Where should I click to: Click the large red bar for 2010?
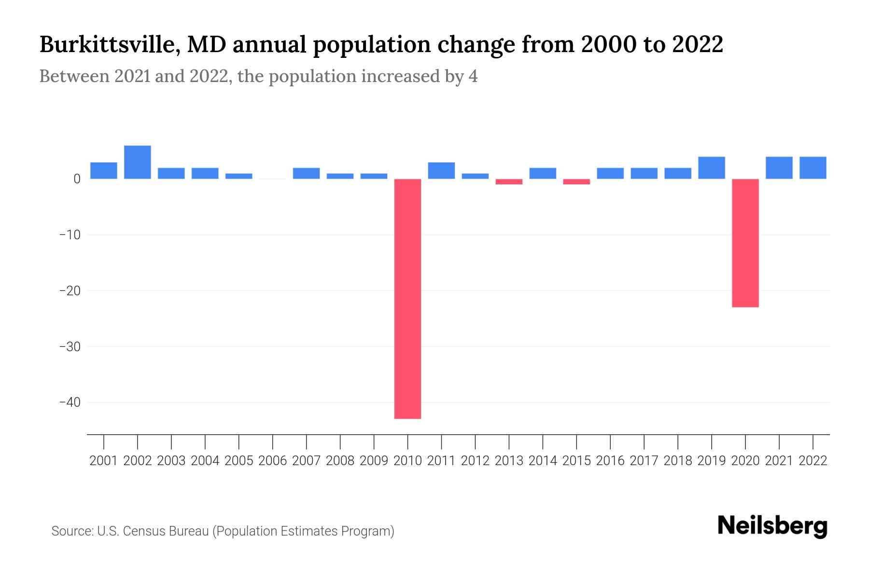tap(407, 299)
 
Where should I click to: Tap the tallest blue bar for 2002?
tap(138, 162)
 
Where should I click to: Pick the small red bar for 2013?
tap(509, 182)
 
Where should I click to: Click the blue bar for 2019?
tap(711, 168)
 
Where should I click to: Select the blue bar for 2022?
tap(813, 168)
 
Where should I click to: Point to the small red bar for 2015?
tap(576, 182)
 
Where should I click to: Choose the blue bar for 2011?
tap(441, 171)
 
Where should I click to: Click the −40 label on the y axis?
tap(70, 402)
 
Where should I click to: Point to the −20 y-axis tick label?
tap(70, 291)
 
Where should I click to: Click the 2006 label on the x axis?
tap(272, 461)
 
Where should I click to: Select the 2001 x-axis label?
tap(104, 461)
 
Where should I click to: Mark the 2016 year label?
tap(610, 461)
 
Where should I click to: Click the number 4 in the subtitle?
tap(473, 76)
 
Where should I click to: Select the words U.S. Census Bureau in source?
tap(153, 531)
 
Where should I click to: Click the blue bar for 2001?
tap(104, 171)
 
